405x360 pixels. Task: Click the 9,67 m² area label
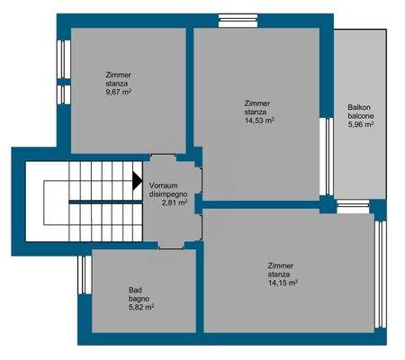coord(119,92)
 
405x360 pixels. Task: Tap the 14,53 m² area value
coord(258,120)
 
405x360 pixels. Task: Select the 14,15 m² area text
coord(283,283)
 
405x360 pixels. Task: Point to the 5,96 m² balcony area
coord(361,124)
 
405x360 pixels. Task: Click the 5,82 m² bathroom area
coord(141,307)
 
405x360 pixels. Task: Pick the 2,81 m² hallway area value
coord(175,203)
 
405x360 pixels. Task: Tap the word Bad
coord(134,290)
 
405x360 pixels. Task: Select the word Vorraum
coord(167,185)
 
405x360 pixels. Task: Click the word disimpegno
coord(168,194)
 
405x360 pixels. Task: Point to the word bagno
coord(139,298)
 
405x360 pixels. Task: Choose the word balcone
coord(361,116)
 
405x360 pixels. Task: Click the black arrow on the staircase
coord(137,180)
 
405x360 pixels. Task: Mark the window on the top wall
coord(238,17)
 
